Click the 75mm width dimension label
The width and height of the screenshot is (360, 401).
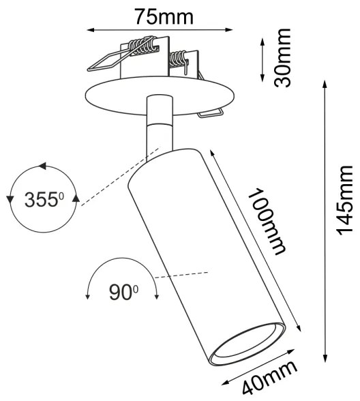[164, 14]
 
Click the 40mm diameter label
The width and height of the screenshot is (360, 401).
[271, 378]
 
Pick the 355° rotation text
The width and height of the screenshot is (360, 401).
[43, 200]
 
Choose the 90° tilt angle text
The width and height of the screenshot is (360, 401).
[123, 292]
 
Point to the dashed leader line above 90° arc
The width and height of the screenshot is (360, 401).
[181, 274]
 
